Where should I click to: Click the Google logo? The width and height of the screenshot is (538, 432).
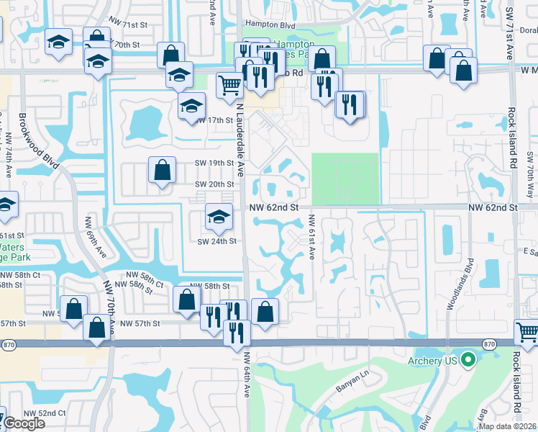(x=24, y=423)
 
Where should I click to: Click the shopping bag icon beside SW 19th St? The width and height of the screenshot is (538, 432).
(x=163, y=171)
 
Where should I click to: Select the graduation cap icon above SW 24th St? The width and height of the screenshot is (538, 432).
(x=219, y=215)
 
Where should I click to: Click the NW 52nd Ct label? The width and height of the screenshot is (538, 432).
(x=44, y=413)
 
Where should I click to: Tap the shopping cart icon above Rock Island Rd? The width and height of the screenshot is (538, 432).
(x=527, y=332)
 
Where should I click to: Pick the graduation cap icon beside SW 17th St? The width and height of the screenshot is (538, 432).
(x=191, y=107)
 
